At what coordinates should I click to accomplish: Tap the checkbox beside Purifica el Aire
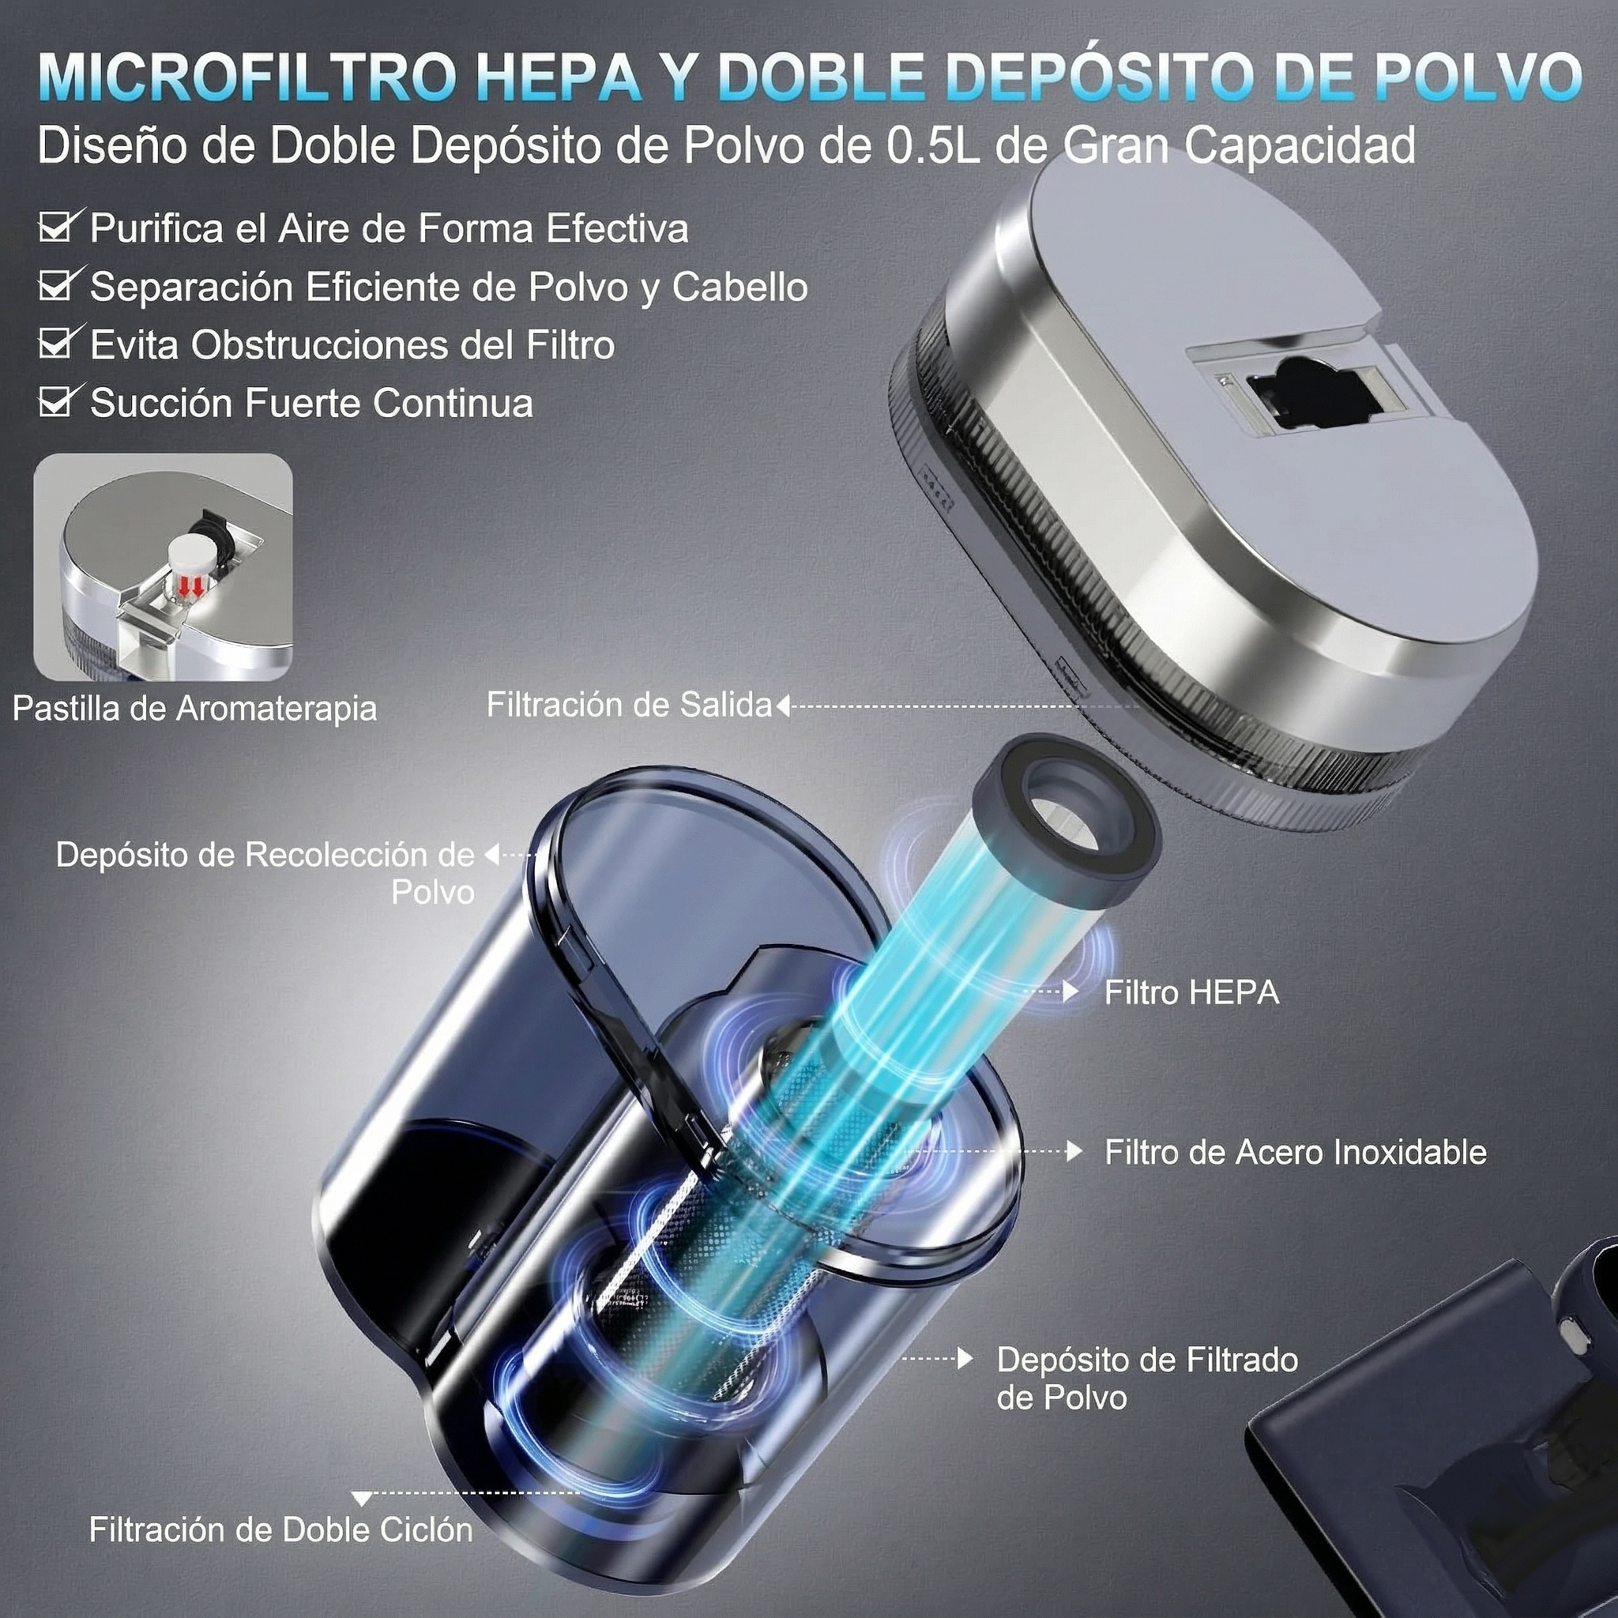[59, 226]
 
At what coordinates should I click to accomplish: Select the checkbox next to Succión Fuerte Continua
[59, 401]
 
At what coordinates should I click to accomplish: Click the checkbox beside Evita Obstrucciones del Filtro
[59, 343]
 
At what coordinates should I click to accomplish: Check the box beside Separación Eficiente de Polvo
[59, 284]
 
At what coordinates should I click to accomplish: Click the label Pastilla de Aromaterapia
[194, 709]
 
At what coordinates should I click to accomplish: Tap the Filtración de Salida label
[629, 706]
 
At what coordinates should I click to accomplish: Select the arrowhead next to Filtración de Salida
[783, 706]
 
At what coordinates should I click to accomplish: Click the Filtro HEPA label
[1191, 992]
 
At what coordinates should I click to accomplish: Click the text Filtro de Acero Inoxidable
[1296, 1153]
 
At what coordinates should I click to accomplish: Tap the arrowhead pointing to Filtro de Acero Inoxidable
[1074, 1152]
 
